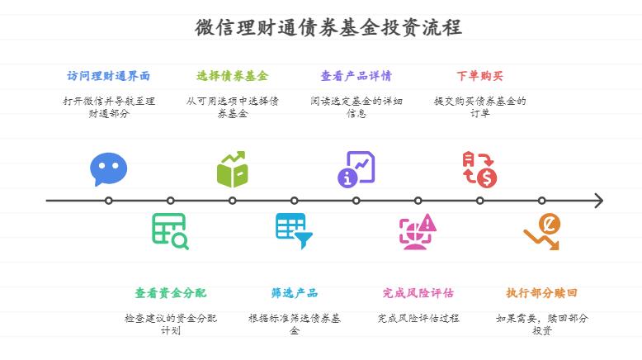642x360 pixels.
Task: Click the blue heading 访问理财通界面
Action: (x=109, y=76)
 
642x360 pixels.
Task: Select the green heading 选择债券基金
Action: (x=232, y=76)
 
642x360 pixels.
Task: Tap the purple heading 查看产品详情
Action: (x=356, y=76)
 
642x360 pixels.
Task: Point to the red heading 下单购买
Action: (x=479, y=76)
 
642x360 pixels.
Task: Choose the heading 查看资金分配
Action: (x=171, y=293)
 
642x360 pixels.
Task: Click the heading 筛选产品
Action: (x=295, y=293)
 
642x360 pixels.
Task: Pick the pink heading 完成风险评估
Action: (x=418, y=293)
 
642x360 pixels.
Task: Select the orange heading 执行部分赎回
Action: (x=541, y=293)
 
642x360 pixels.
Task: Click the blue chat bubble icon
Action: (x=109, y=169)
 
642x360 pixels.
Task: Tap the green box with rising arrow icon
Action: (x=233, y=169)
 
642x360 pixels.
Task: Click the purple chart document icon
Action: (x=356, y=169)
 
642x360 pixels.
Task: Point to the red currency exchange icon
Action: (x=479, y=169)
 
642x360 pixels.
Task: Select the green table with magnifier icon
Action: (x=170, y=231)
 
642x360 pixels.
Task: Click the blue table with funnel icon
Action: (x=294, y=231)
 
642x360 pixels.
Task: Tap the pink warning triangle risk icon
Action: (x=418, y=231)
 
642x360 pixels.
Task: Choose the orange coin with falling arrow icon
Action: (x=542, y=231)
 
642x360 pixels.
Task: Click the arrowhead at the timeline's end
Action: (x=598, y=201)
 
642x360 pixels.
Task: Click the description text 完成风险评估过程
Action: (x=418, y=318)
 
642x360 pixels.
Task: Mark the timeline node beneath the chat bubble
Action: (x=109, y=201)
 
